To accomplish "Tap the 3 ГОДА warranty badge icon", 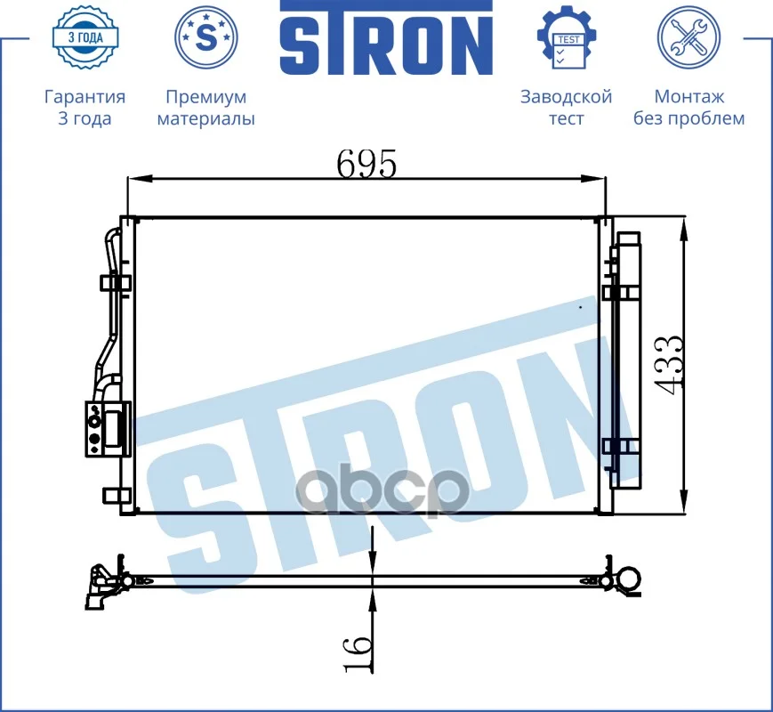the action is (x=85, y=37).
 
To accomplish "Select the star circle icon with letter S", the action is (x=206, y=37).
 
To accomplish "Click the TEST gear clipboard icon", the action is (x=567, y=37).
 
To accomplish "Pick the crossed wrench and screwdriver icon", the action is (x=688, y=37).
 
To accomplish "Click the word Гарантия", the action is (x=85, y=97).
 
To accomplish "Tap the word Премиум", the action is (x=206, y=97).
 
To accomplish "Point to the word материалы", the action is (x=206, y=119).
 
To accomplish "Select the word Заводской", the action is (x=567, y=97).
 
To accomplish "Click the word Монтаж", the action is (x=689, y=97).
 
